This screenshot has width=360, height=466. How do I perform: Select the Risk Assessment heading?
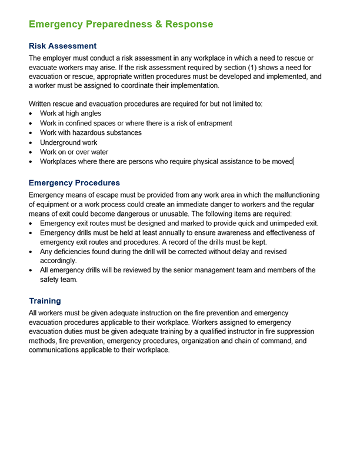click(x=62, y=46)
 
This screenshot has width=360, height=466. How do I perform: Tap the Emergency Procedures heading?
click(x=74, y=183)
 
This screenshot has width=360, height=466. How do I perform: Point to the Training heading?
click(x=45, y=301)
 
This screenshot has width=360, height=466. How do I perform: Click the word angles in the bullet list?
click(x=90, y=114)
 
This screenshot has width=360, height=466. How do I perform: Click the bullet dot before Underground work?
click(x=31, y=143)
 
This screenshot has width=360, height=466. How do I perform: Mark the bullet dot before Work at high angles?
click(x=31, y=114)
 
